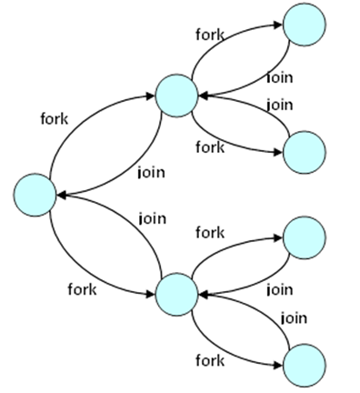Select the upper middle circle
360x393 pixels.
click(176, 95)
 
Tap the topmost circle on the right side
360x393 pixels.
click(304, 25)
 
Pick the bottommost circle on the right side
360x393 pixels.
click(304, 365)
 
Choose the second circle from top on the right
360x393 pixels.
click(304, 152)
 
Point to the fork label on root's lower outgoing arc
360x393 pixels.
click(83, 289)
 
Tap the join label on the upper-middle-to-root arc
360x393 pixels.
click(150, 171)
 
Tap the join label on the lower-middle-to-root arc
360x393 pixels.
click(151, 218)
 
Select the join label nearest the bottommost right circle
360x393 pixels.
click(292, 317)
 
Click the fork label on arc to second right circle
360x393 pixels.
click(209, 147)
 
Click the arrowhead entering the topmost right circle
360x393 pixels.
click(281, 30)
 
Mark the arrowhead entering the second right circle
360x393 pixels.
click(281, 154)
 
